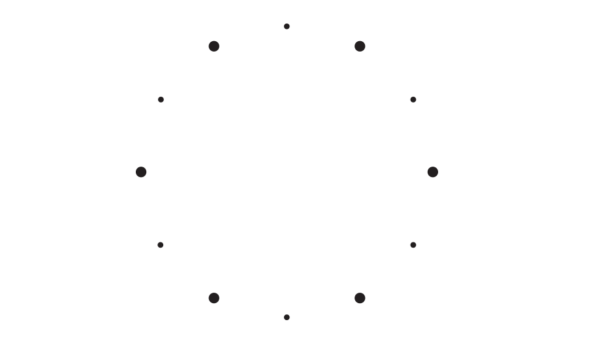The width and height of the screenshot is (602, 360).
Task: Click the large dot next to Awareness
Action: (x=359, y=45)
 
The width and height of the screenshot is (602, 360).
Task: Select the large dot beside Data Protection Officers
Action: (x=213, y=44)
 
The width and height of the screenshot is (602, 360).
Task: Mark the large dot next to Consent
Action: (x=212, y=299)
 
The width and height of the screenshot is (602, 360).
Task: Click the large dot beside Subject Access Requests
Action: (x=360, y=299)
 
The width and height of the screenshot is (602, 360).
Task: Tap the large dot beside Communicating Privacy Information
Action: (x=433, y=171)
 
